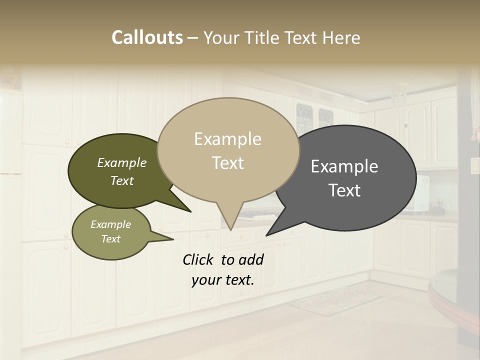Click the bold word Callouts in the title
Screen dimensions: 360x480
[x=147, y=37]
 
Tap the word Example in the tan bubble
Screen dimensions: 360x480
[x=227, y=139]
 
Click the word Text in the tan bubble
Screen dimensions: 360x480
[x=228, y=163]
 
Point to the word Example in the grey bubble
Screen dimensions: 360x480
[x=344, y=166]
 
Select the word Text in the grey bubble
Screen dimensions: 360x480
[x=345, y=190]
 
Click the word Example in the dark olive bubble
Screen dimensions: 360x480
[x=122, y=163]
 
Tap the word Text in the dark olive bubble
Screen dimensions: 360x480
[x=122, y=180]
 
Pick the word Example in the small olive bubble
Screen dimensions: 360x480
[x=111, y=224]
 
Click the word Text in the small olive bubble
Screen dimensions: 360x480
[x=111, y=239]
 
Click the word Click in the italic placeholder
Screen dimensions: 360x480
[x=199, y=259]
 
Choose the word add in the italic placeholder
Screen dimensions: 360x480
[x=251, y=259]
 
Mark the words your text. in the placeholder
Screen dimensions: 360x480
[x=223, y=280]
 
